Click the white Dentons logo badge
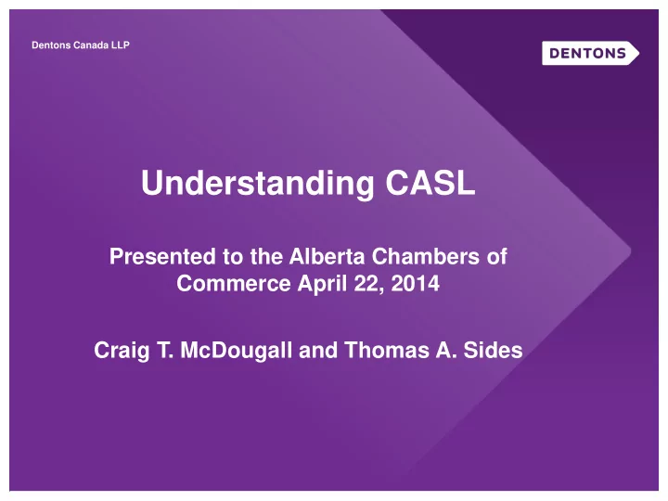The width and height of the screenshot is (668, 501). pos(590,53)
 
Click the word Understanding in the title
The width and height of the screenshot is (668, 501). pos(258,184)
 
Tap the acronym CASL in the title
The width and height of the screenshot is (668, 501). pos(430,183)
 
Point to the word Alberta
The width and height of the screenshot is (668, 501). pos(328,256)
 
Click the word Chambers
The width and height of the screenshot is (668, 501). pos(426,256)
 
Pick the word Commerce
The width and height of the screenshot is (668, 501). pos(234,283)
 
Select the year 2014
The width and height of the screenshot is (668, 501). pos(415,283)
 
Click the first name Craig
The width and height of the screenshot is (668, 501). pos(122,351)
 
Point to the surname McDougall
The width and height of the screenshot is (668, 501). pos(236,351)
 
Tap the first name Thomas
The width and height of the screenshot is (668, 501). pos(387,350)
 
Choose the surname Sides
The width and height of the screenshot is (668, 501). pos(493,350)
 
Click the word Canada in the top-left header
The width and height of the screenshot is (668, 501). pos(91,45)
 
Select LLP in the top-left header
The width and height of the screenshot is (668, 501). pos(120,45)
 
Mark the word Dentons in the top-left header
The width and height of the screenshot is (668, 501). pos(51,45)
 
